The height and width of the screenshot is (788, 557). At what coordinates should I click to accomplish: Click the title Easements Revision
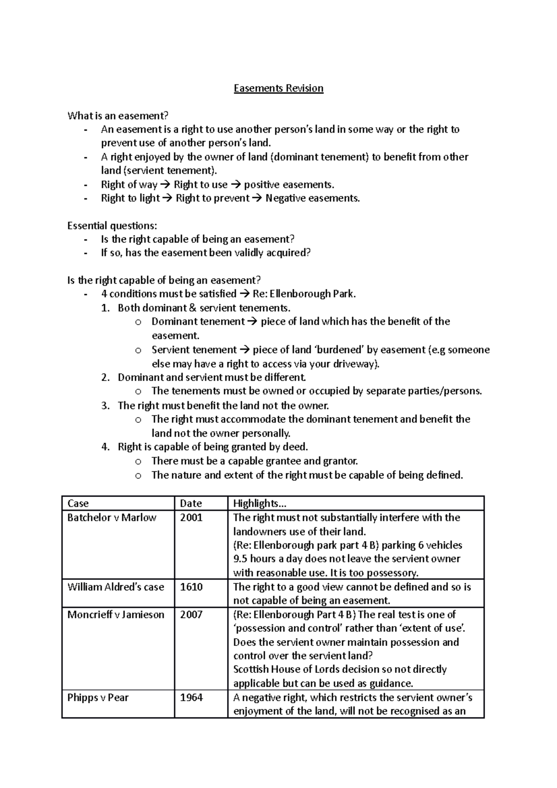(278, 88)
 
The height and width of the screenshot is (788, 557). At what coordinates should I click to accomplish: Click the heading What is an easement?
(118, 116)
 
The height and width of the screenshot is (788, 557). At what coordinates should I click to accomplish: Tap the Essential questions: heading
(112, 226)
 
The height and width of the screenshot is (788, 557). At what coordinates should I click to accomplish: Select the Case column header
(78, 504)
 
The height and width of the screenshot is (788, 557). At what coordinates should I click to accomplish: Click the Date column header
(191, 504)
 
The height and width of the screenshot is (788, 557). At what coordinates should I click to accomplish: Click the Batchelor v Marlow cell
(112, 517)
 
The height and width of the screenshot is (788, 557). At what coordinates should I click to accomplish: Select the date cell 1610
(191, 587)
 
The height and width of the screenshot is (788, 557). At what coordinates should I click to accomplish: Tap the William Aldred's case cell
(116, 587)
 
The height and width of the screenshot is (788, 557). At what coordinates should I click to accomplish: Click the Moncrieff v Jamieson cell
(116, 615)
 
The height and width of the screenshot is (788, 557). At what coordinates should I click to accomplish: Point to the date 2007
(191, 615)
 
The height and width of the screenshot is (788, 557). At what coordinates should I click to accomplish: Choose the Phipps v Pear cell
(98, 698)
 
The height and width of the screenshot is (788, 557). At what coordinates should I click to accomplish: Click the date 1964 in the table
(191, 698)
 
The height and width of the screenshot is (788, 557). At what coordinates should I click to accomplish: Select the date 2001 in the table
(191, 517)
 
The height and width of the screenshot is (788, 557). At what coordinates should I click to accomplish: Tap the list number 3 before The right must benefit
(105, 406)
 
